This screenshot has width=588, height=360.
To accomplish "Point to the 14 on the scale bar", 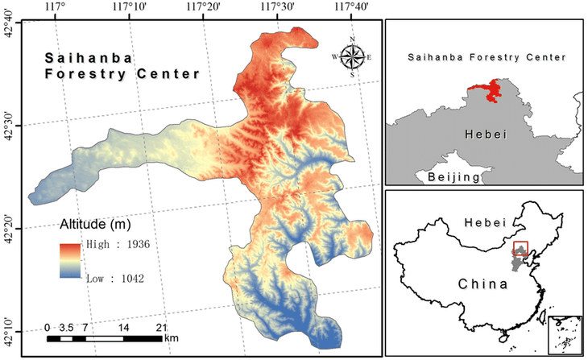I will [x=123, y=328].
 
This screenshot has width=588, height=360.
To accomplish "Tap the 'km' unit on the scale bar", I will [x=171, y=338].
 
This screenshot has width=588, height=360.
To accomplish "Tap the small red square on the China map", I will [x=520, y=249].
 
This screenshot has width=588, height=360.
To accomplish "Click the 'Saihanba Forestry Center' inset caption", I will [x=487, y=58].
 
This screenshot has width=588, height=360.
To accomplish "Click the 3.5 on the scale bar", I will [x=67, y=328].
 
